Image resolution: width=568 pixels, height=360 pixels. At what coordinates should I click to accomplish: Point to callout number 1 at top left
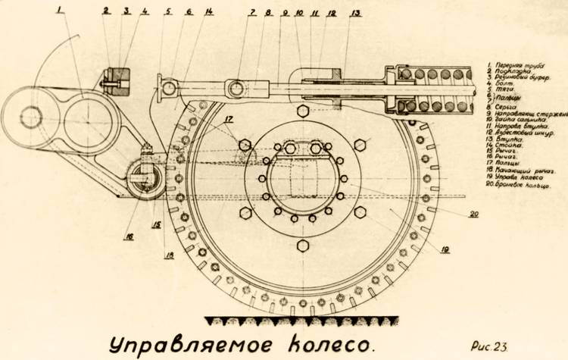tap(58, 11)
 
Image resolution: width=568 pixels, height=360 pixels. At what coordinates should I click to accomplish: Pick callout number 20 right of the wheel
tap(474, 214)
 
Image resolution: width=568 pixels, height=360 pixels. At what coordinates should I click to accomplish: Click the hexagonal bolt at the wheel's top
tap(303, 111)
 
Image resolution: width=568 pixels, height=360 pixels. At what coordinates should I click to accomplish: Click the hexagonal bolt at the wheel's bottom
tap(303, 247)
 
